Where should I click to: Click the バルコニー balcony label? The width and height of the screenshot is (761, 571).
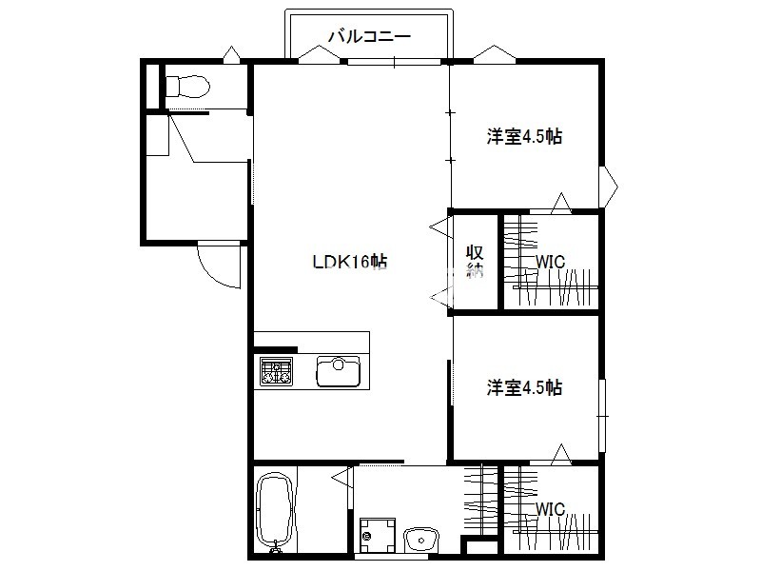[x=369, y=36]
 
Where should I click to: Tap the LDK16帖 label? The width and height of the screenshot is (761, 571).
[x=349, y=263]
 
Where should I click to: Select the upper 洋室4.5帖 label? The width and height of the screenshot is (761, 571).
[x=525, y=136]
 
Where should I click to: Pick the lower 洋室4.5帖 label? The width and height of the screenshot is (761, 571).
[x=525, y=388]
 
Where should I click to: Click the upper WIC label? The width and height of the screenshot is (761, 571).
[x=551, y=263]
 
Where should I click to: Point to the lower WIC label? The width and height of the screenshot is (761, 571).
[x=551, y=509]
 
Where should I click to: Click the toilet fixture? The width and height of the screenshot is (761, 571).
[x=187, y=87]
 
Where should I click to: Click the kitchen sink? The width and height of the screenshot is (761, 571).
[x=339, y=371]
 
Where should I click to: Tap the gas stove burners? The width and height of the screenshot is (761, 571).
[x=276, y=371]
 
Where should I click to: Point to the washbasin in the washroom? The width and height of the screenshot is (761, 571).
[x=421, y=540]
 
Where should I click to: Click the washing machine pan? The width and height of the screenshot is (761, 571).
[x=378, y=536]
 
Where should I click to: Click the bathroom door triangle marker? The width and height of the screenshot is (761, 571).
[x=342, y=478]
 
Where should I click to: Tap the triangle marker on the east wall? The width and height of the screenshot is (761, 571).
[x=609, y=186]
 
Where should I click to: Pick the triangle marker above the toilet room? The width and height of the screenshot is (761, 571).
[x=231, y=54]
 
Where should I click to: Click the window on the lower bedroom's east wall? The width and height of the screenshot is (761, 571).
[x=602, y=416]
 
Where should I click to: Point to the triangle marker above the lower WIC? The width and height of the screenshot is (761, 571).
[x=562, y=454]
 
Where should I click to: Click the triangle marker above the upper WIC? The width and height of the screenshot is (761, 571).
[x=562, y=203]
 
